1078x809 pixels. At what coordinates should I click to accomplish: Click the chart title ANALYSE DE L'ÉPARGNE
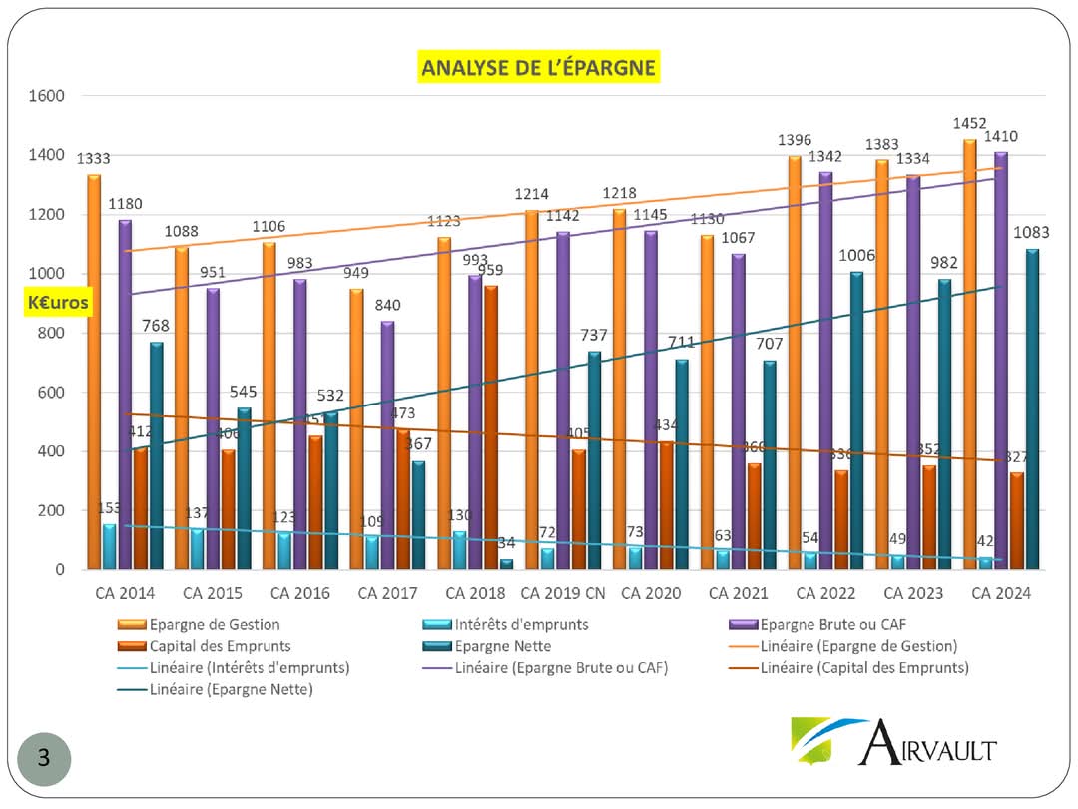point(539,68)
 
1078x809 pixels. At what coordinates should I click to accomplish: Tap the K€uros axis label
point(58,302)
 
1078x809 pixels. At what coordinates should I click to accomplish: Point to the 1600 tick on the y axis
point(47,96)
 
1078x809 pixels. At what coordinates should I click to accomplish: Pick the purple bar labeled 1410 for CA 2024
point(1001,360)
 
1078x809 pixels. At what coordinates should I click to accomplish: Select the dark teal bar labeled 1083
point(1032,408)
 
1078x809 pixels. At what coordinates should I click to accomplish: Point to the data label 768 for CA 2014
point(156,325)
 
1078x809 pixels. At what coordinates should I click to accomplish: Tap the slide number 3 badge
point(44,758)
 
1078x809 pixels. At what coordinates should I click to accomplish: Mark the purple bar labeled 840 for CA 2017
point(388,444)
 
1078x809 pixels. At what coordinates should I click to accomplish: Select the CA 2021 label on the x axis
point(738,593)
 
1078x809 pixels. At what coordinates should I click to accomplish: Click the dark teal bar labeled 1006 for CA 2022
point(856,419)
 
